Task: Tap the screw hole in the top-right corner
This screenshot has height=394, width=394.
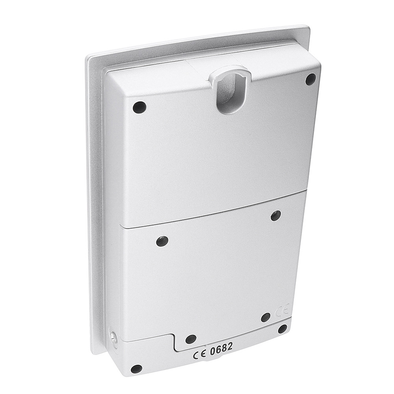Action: (x=311, y=79)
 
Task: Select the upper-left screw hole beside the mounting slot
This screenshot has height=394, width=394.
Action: (x=139, y=107)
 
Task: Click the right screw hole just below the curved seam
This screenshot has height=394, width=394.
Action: (x=276, y=216)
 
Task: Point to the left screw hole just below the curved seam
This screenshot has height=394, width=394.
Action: (x=162, y=241)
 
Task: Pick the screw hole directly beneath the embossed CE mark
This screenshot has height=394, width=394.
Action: (x=266, y=318)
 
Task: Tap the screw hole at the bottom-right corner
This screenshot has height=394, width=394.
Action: (x=282, y=329)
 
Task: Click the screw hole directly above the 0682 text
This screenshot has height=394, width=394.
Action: (x=191, y=340)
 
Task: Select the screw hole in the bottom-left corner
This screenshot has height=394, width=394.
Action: (x=136, y=369)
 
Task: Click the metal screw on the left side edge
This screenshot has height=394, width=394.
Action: (x=113, y=337)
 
